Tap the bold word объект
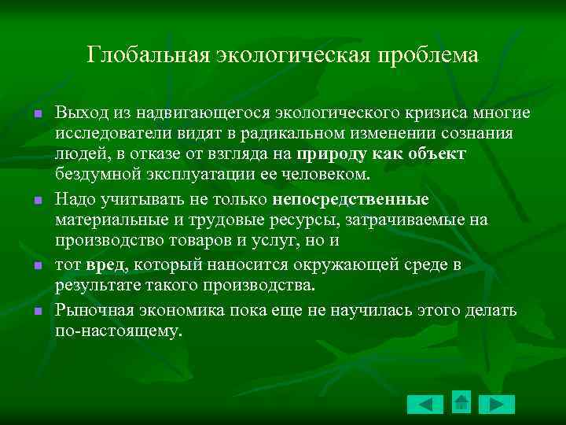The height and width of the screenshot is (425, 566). click(x=438, y=153)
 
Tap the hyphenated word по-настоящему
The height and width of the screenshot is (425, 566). click(x=118, y=331)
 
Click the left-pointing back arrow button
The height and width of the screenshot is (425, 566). click(x=425, y=405)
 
